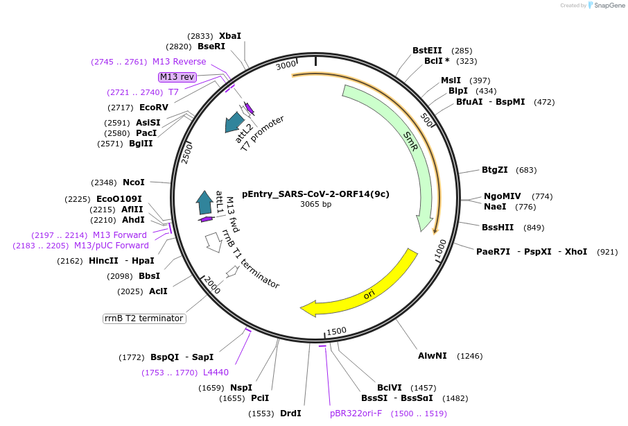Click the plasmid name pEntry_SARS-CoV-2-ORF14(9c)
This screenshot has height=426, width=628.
click(x=315, y=194)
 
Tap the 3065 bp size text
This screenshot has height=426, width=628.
click(x=315, y=205)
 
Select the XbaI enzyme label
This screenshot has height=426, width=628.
click(x=230, y=36)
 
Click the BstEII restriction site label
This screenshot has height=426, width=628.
click(x=427, y=51)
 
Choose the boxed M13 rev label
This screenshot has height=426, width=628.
click(x=177, y=77)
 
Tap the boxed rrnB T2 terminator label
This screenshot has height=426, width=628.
click(x=144, y=318)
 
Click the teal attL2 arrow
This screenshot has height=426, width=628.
click(x=235, y=122)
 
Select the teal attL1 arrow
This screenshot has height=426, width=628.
click(x=204, y=203)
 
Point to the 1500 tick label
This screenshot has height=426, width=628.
click(x=336, y=332)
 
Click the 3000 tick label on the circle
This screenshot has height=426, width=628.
click(x=286, y=66)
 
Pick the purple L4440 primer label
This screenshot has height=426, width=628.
click(x=216, y=373)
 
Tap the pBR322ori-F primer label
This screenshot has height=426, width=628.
click(x=356, y=414)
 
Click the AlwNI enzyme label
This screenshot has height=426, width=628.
click(x=432, y=356)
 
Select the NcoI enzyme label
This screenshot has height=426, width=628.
click(x=134, y=182)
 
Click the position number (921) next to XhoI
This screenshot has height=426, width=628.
click(x=607, y=252)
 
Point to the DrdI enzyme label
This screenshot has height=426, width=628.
click(x=290, y=414)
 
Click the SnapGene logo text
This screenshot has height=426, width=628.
click(x=607, y=6)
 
